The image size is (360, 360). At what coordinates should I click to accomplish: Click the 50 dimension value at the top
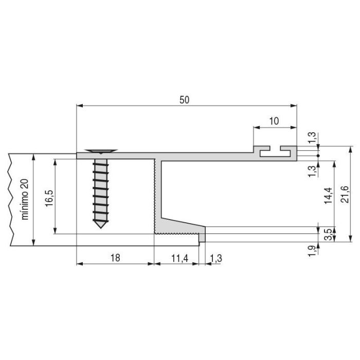click(184, 100)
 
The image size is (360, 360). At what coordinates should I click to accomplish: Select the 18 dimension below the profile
click(115, 258)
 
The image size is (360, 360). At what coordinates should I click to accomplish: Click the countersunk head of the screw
click(101, 152)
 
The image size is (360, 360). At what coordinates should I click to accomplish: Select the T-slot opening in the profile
click(275, 152)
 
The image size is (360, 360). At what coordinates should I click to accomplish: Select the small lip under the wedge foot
click(202, 237)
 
